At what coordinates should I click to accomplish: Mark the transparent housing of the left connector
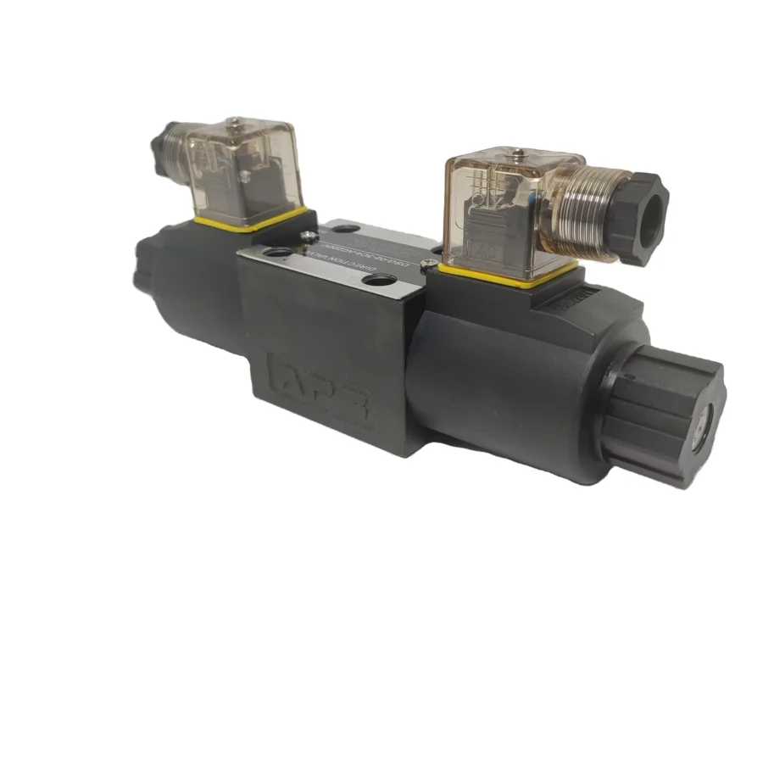click(x=242, y=165)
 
